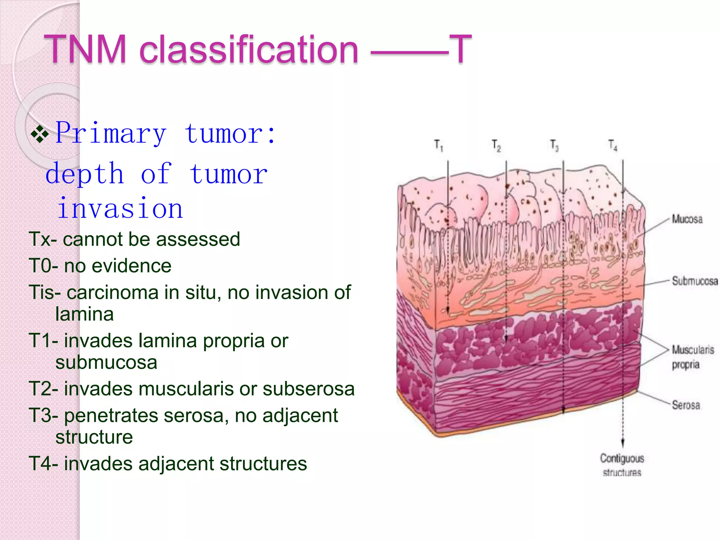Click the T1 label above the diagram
(x=438, y=145)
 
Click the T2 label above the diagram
(x=496, y=145)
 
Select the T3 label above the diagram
(x=554, y=145)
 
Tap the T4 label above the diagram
(x=613, y=145)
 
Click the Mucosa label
(x=687, y=219)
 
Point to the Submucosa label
(x=695, y=281)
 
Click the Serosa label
(x=686, y=405)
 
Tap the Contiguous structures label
(x=622, y=465)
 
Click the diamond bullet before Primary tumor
(x=40, y=134)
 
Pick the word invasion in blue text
(x=120, y=208)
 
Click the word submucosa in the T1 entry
(x=106, y=362)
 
